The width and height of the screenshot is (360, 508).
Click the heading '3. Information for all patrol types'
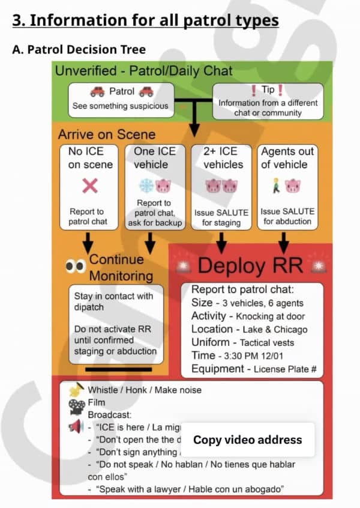click(x=145, y=20)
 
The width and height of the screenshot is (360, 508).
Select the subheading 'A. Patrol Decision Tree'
click(x=79, y=49)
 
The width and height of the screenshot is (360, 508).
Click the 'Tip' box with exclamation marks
click(x=268, y=100)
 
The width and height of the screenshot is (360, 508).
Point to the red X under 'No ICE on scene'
click(x=90, y=186)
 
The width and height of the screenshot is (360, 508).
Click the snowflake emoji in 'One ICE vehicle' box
click(x=146, y=185)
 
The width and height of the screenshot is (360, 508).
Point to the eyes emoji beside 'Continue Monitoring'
click(x=76, y=267)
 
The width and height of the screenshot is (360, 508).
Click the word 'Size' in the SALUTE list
click(x=202, y=303)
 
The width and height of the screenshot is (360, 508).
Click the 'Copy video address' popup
click(x=247, y=440)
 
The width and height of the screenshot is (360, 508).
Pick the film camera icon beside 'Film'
click(x=76, y=405)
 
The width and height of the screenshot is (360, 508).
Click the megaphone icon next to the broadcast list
click(x=76, y=428)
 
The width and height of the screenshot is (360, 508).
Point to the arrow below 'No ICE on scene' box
click(x=89, y=242)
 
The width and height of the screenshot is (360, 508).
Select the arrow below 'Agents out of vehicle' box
click(x=284, y=242)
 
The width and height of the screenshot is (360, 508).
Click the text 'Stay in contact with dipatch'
click(x=113, y=301)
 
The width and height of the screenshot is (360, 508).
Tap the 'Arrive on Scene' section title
click(x=107, y=134)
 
